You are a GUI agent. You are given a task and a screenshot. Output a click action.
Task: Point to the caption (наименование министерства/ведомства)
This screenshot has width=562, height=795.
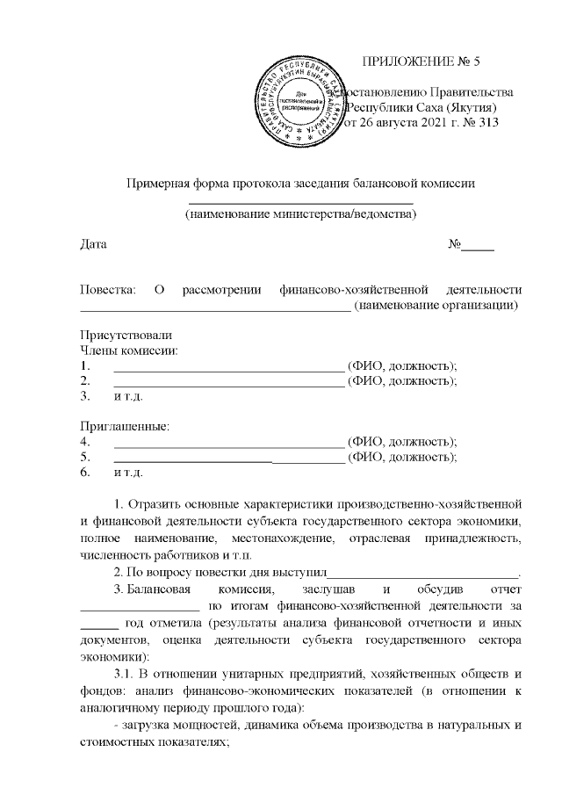[300, 213]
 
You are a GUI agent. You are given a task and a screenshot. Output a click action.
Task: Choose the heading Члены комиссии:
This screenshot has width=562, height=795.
[128, 351]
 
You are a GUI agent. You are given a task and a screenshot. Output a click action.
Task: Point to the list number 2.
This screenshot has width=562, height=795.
[85, 380]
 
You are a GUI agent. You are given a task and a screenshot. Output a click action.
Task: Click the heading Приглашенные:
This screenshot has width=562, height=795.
[124, 427]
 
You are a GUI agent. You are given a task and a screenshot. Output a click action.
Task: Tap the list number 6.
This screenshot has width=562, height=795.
[85, 473]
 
